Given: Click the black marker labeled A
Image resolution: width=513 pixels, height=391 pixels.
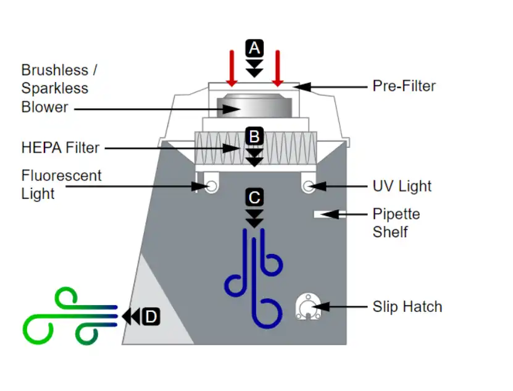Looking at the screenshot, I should [x=254, y=48].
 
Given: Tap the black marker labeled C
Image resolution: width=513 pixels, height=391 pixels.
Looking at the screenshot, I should [x=254, y=198].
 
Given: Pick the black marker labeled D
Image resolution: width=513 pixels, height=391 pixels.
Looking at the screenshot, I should [x=151, y=317].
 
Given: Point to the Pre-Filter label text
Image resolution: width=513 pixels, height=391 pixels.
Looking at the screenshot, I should [x=404, y=86].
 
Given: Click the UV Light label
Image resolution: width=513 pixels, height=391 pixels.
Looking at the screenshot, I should [x=402, y=186].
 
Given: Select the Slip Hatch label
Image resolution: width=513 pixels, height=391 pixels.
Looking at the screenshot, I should [x=407, y=306].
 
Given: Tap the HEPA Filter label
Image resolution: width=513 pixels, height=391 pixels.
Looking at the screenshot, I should [x=60, y=148].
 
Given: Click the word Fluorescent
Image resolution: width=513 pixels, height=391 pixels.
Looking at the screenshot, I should [x=61, y=175].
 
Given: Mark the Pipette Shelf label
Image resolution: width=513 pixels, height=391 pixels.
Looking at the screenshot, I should [x=396, y=223].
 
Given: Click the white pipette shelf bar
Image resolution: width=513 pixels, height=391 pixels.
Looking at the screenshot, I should [x=327, y=214].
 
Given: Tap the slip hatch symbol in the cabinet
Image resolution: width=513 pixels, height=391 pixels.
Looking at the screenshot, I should [x=307, y=306].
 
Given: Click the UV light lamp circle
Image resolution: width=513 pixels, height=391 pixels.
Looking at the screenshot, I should [x=308, y=185].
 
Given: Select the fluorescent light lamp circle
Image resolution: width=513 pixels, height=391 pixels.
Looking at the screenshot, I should [x=211, y=185].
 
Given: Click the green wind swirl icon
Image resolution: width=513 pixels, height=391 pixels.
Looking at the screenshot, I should [x=68, y=316].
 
